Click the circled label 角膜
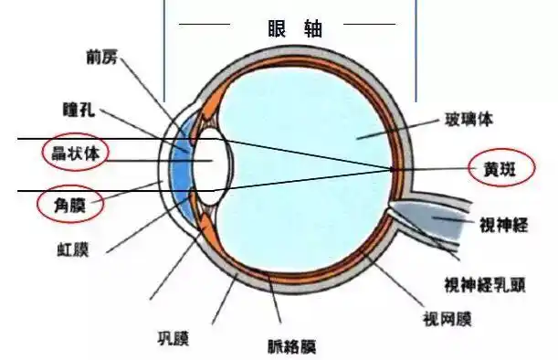pos(69,205)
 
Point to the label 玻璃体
pos(470,119)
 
